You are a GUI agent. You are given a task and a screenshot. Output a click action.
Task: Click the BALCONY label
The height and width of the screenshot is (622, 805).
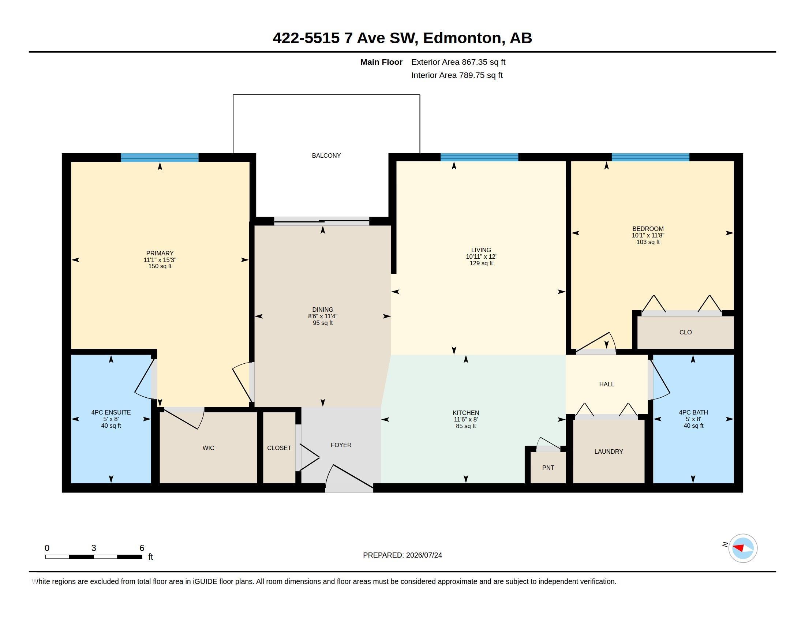[326, 155]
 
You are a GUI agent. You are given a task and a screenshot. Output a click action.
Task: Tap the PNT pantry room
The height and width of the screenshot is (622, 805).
[548, 467]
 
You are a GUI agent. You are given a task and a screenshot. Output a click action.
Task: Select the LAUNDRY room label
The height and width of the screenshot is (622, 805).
[609, 451]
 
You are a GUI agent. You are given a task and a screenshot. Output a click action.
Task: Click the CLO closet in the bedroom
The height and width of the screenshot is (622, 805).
[686, 332]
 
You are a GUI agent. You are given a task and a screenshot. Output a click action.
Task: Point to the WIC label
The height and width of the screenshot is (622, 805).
[208, 448]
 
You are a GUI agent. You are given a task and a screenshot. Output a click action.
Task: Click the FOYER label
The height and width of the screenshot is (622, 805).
[341, 445]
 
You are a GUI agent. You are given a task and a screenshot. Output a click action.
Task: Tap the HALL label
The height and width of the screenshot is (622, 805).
[607, 384]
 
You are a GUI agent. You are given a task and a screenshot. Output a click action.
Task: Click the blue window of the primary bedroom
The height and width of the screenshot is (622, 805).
[160, 158]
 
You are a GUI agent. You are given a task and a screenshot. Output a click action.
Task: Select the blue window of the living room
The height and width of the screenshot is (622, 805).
[479, 157]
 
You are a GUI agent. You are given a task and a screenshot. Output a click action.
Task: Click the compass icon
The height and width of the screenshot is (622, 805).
[743, 548]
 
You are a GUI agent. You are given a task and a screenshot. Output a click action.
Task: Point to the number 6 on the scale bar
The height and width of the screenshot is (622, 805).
[142, 548]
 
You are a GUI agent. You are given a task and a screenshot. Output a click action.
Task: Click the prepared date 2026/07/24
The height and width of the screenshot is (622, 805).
[424, 555]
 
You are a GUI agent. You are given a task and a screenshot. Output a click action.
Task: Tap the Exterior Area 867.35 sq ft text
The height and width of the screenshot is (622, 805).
[458, 62]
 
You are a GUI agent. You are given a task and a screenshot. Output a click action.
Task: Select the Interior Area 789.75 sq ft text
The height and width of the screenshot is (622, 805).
[457, 75]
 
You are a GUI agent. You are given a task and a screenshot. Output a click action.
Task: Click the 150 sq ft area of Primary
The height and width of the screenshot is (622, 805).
[160, 266]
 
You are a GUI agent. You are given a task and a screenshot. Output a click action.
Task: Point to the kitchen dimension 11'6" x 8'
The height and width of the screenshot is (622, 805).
[466, 419]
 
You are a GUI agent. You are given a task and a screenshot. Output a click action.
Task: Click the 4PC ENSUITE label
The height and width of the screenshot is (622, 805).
[111, 412]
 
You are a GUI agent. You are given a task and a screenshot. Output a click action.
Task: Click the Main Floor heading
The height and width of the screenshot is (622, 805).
[381, 62]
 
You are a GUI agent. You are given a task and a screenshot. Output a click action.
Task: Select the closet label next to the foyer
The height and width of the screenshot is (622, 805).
[279, 448]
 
